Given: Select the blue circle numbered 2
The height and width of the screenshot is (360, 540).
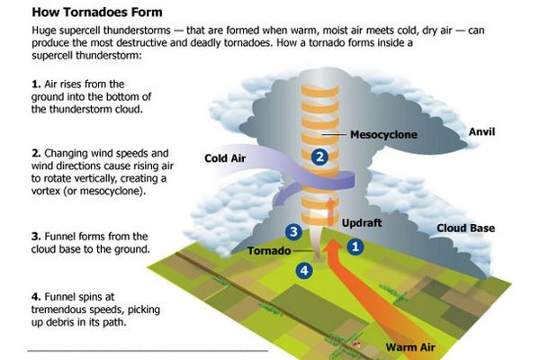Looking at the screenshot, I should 319,157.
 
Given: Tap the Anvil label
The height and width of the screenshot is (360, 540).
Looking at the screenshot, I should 483,131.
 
